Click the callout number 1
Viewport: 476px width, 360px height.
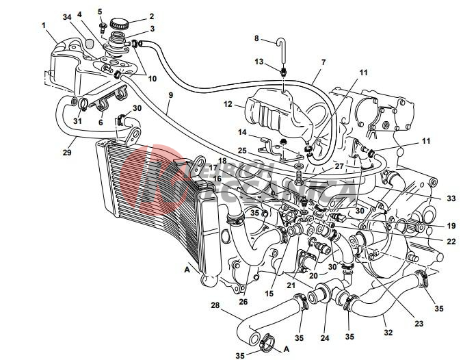pyautogui.click(x=44, y=26)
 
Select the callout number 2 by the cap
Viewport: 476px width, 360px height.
pyautogui.click(x=152, y=16)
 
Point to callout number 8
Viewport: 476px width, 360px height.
pyautogui.click(x=257, y=38)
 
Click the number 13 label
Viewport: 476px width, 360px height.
pyautogui.click(x=259, y=62)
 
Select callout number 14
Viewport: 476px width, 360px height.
pyautogui.click(x=242, y=132)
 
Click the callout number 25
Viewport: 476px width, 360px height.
pyautogui.click(x=242, y=150)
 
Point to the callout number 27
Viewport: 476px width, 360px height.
pyautogui.click(x=320, y=166)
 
